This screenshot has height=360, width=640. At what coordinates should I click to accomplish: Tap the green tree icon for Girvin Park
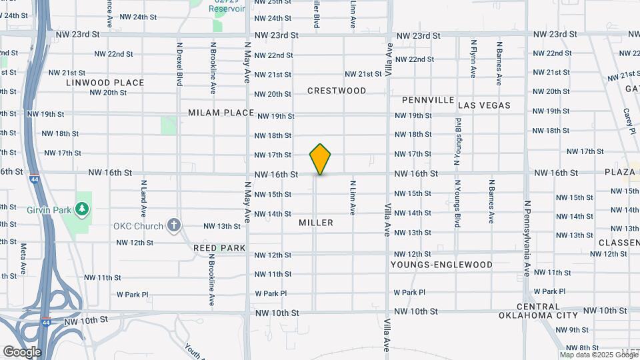(83, 209)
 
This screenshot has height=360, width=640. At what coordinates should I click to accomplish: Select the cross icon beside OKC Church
(174, 225)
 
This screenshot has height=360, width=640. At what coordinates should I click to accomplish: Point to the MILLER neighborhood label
(316, 223)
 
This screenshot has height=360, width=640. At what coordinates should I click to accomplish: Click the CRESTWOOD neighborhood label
(337, 91)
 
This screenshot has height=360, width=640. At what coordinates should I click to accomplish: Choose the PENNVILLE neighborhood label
(428, 100)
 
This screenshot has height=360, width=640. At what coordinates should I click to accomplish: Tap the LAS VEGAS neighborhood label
(484, 105)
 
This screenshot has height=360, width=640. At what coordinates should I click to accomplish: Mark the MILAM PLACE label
(221, 113)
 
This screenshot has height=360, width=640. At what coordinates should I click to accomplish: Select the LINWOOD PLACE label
(105, 83)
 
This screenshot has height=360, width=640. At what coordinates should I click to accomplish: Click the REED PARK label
(219, 248)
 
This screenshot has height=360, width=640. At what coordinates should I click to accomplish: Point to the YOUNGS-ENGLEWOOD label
(442, 265)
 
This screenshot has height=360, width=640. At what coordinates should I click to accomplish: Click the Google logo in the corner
(22, 352)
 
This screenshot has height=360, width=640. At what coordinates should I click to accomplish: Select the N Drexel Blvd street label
(179, 65)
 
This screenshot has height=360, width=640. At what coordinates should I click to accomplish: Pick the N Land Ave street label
(143, 198)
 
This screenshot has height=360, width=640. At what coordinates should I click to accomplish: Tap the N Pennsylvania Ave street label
(526, 238)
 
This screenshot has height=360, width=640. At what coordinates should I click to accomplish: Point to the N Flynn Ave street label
(473, 59)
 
